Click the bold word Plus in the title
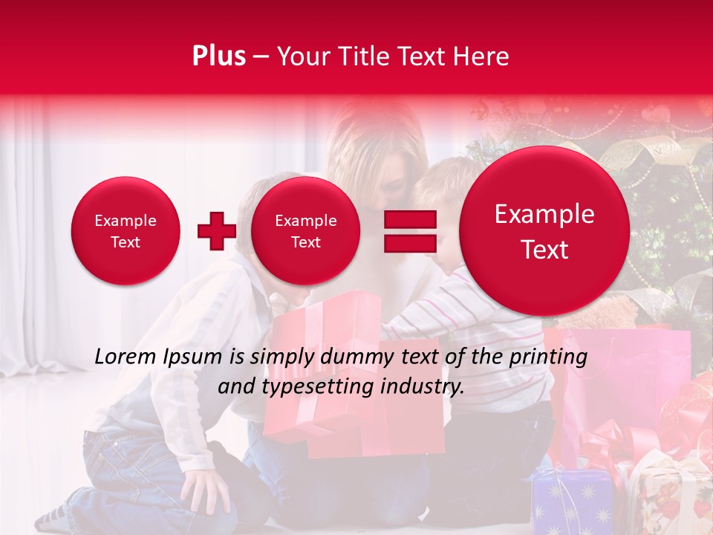(x=218, y=56)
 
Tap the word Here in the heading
(x=481, y=56)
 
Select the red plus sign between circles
(x=216, y=231)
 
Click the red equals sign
(x=409, y=231)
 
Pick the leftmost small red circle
(x=125, y=231)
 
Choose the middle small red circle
(x=305, y=231)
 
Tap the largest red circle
(x=544, y=231)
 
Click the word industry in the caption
(x=427, y=387)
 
